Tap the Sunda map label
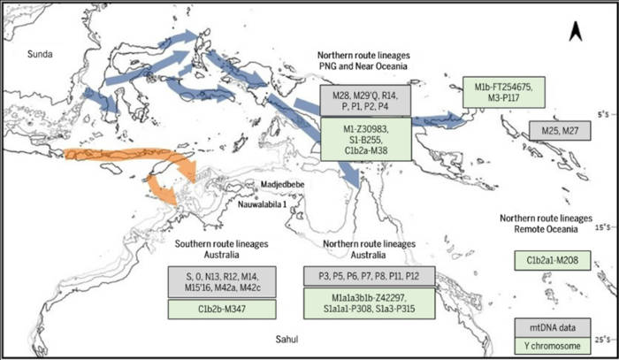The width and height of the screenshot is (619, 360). pyautogui.click(x=38, y=53)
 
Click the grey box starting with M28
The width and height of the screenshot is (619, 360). pyautogui.click(x=364, y=99)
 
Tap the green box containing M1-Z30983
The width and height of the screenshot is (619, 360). pyautogui.click(x=364, y=141)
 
